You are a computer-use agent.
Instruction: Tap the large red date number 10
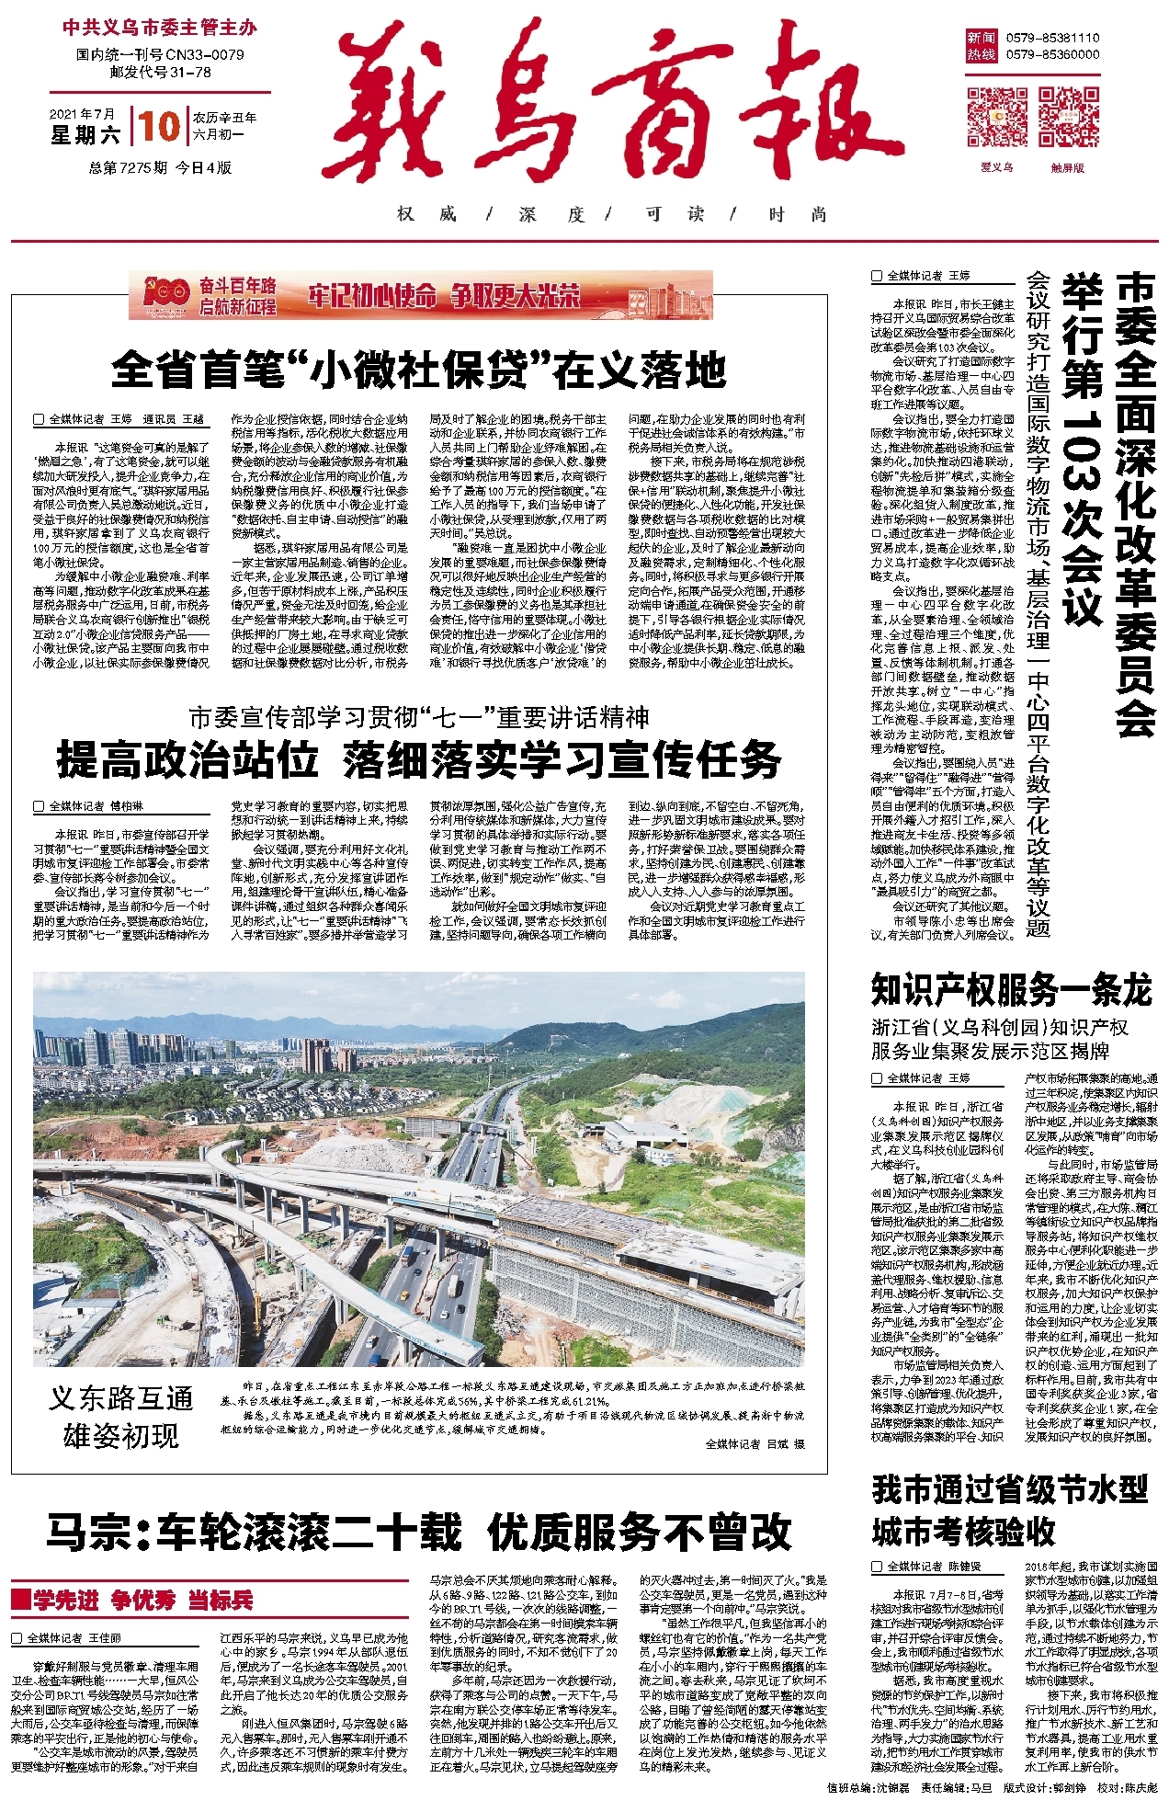[159, 127]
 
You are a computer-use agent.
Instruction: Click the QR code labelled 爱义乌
[996, 117]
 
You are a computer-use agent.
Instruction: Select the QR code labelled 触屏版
[1068, 117]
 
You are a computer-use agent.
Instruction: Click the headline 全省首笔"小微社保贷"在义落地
[419, 371]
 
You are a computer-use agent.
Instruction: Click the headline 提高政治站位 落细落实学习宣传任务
[419, 760]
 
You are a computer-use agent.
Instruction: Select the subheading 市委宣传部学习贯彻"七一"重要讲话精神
[419, 717]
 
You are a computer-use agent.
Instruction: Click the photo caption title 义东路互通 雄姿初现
[121, 1417]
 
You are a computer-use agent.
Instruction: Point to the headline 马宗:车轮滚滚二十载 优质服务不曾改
[419, 1532]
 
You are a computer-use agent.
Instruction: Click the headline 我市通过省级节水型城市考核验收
[1011, 1511]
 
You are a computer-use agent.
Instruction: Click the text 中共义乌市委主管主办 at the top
[160, 28]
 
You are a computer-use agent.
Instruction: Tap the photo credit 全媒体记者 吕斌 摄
[754, 1444]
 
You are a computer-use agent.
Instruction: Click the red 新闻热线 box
[981, 46]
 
